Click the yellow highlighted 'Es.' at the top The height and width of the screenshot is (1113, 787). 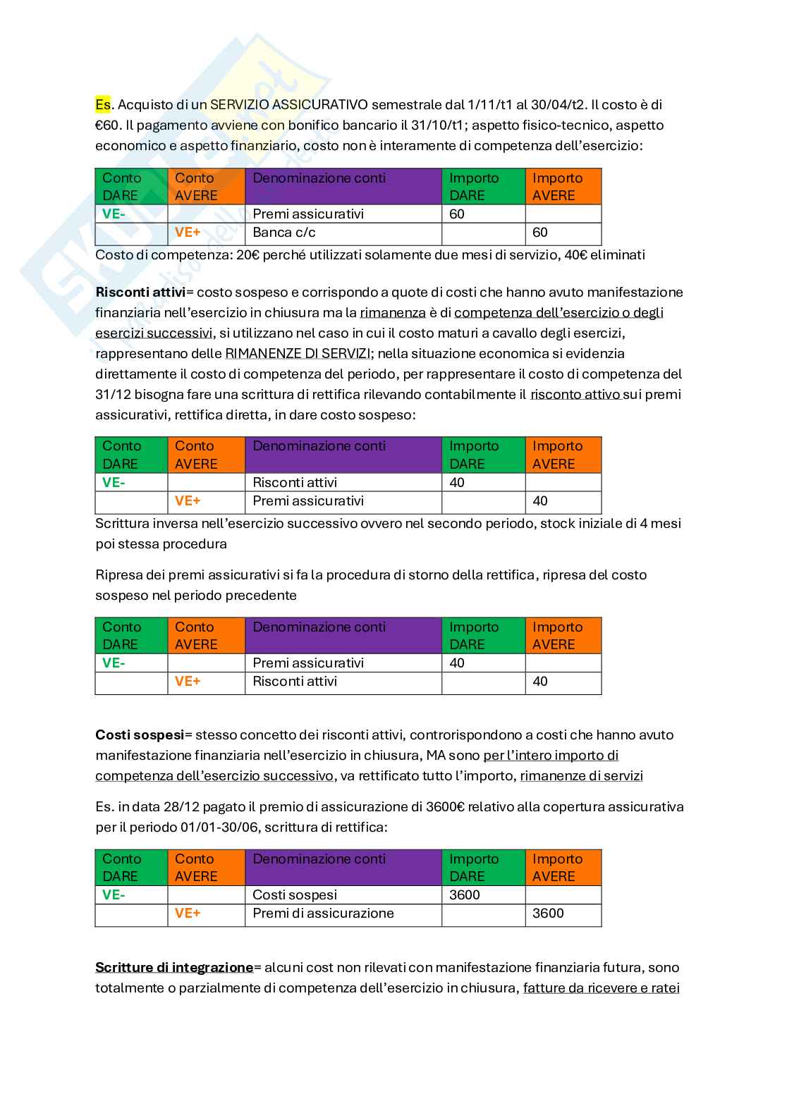(104, 105)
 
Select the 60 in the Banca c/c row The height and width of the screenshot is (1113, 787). (540, 233)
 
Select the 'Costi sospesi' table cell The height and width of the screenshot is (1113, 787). (294, 894)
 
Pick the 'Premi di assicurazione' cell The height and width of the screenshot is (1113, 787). (323, 913)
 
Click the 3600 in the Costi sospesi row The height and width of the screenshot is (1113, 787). (464, 894)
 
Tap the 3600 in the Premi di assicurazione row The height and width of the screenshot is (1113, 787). (548, 913)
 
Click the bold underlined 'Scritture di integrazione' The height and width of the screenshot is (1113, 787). (174, 967)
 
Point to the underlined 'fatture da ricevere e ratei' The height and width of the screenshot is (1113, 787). (601, 988)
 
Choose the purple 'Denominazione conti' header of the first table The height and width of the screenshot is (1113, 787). (343, 186)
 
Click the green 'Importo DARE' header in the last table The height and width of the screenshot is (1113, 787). (483, 867)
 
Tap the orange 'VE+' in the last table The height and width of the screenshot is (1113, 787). (188, 913)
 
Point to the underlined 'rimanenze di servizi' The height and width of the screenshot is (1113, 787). (581, 775)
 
